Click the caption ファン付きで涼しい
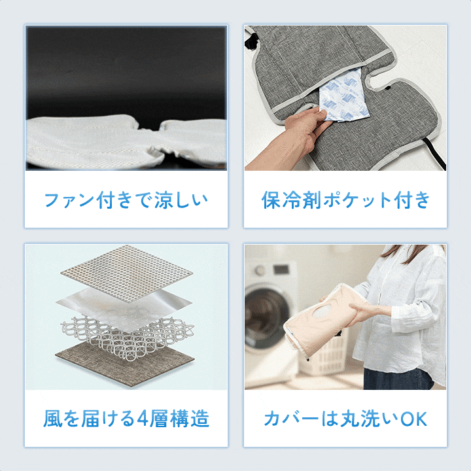click(126, 200)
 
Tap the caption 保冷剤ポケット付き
click(345, 200)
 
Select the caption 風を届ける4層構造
click(126, 419)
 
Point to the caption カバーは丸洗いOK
click(345, 419)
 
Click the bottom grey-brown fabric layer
click(124, 365)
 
